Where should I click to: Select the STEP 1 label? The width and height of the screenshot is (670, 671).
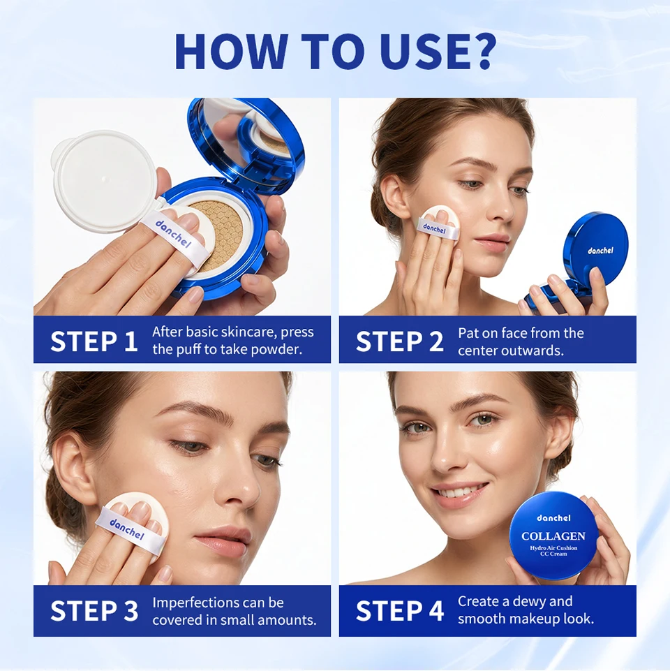click(x=94, y=341)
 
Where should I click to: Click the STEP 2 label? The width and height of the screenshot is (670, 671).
click(x=400, y=341)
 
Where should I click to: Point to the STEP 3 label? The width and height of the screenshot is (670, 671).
click(x=94, y=610)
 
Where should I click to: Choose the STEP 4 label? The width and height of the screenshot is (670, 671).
click(x=400, y=610)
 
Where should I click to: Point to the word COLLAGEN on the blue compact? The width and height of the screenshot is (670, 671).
click(x=553, y=536)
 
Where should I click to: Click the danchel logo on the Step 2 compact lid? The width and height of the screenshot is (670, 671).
click(x=600, y=251)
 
